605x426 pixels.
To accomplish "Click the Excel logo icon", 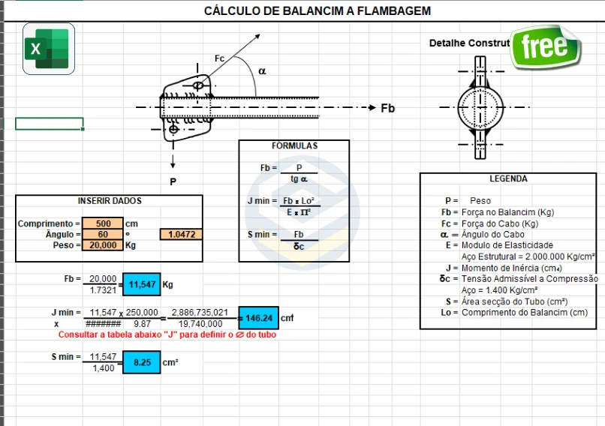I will (49, 49).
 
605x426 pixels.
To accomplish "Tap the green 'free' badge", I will (545, 46).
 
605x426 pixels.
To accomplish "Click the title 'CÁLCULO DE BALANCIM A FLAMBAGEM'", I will (318, 10).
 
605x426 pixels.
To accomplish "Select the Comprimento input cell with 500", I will (104, 223).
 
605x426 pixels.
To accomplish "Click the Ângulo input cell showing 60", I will (104, 235).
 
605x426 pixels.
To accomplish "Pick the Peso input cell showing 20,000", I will (104, 245).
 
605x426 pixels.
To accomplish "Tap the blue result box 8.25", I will (142, 362).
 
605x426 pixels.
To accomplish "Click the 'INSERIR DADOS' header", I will (110, 201).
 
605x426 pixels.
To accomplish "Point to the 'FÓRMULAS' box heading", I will (294, 145).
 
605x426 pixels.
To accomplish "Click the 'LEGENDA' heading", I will (508, 179).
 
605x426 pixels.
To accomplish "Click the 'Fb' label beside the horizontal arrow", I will (387, 109).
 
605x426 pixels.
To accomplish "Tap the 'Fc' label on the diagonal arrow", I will (219, 58).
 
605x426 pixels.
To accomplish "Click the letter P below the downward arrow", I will (173, 181).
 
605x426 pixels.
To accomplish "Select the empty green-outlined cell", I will (38, 124).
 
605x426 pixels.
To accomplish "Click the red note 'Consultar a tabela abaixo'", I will (167, 334).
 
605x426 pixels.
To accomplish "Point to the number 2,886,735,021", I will (200, 312).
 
